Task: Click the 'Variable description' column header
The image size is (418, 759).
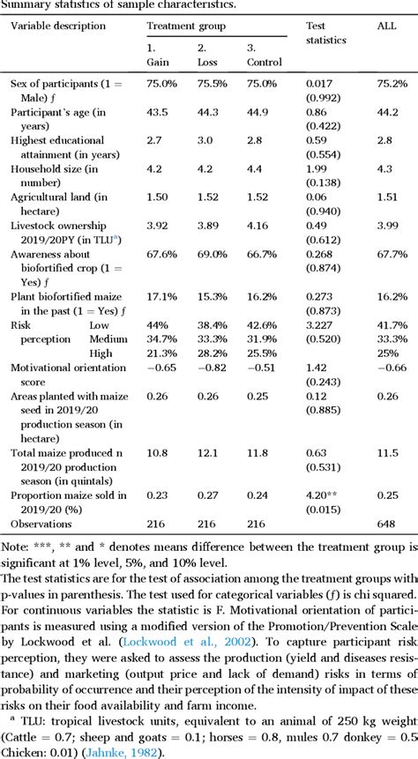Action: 58,26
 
